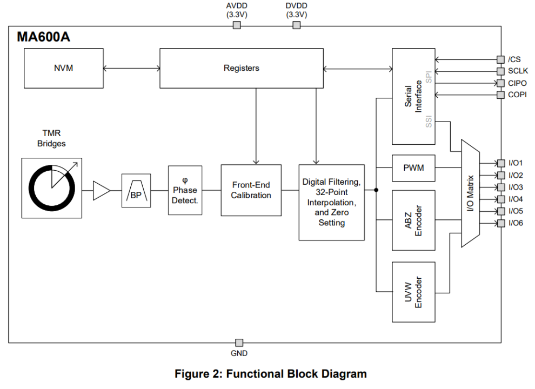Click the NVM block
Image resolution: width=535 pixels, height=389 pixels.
(x=63, y=68)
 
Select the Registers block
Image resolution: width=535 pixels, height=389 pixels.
(x=241, y=68)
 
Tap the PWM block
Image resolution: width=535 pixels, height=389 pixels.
(x=413, y=167)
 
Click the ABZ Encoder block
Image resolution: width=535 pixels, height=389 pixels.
(x=413, y=220)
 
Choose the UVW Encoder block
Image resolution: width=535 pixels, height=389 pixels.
(x=413, y=292)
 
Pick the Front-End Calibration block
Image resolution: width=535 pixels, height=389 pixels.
(x=251, y=190)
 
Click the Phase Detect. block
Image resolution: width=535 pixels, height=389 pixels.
(x=185, y=190)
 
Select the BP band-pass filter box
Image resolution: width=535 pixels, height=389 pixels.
(x=135, y=190)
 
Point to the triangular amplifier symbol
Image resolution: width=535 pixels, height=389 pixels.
(x=101, y=190)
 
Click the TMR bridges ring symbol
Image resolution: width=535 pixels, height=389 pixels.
(x=52, y=188)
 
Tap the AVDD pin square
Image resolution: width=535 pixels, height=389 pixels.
(x=237, y=25)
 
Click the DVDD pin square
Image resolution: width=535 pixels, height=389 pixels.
(x=296, y=25)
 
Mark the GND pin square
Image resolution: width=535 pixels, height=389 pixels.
(x=239, y=343)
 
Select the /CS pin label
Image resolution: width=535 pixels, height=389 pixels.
(x=514, y=59)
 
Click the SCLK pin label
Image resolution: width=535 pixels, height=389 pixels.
(x=518, y=71)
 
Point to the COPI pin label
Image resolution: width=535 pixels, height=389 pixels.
(x=517, y=95)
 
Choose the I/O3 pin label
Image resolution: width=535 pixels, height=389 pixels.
(x=516, y=187)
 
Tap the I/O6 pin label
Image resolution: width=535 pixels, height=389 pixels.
(x=516, y=223)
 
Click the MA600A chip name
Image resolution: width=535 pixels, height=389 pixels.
(x=43, y=37)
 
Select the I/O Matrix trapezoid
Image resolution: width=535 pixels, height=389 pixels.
(x=470, y=193)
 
